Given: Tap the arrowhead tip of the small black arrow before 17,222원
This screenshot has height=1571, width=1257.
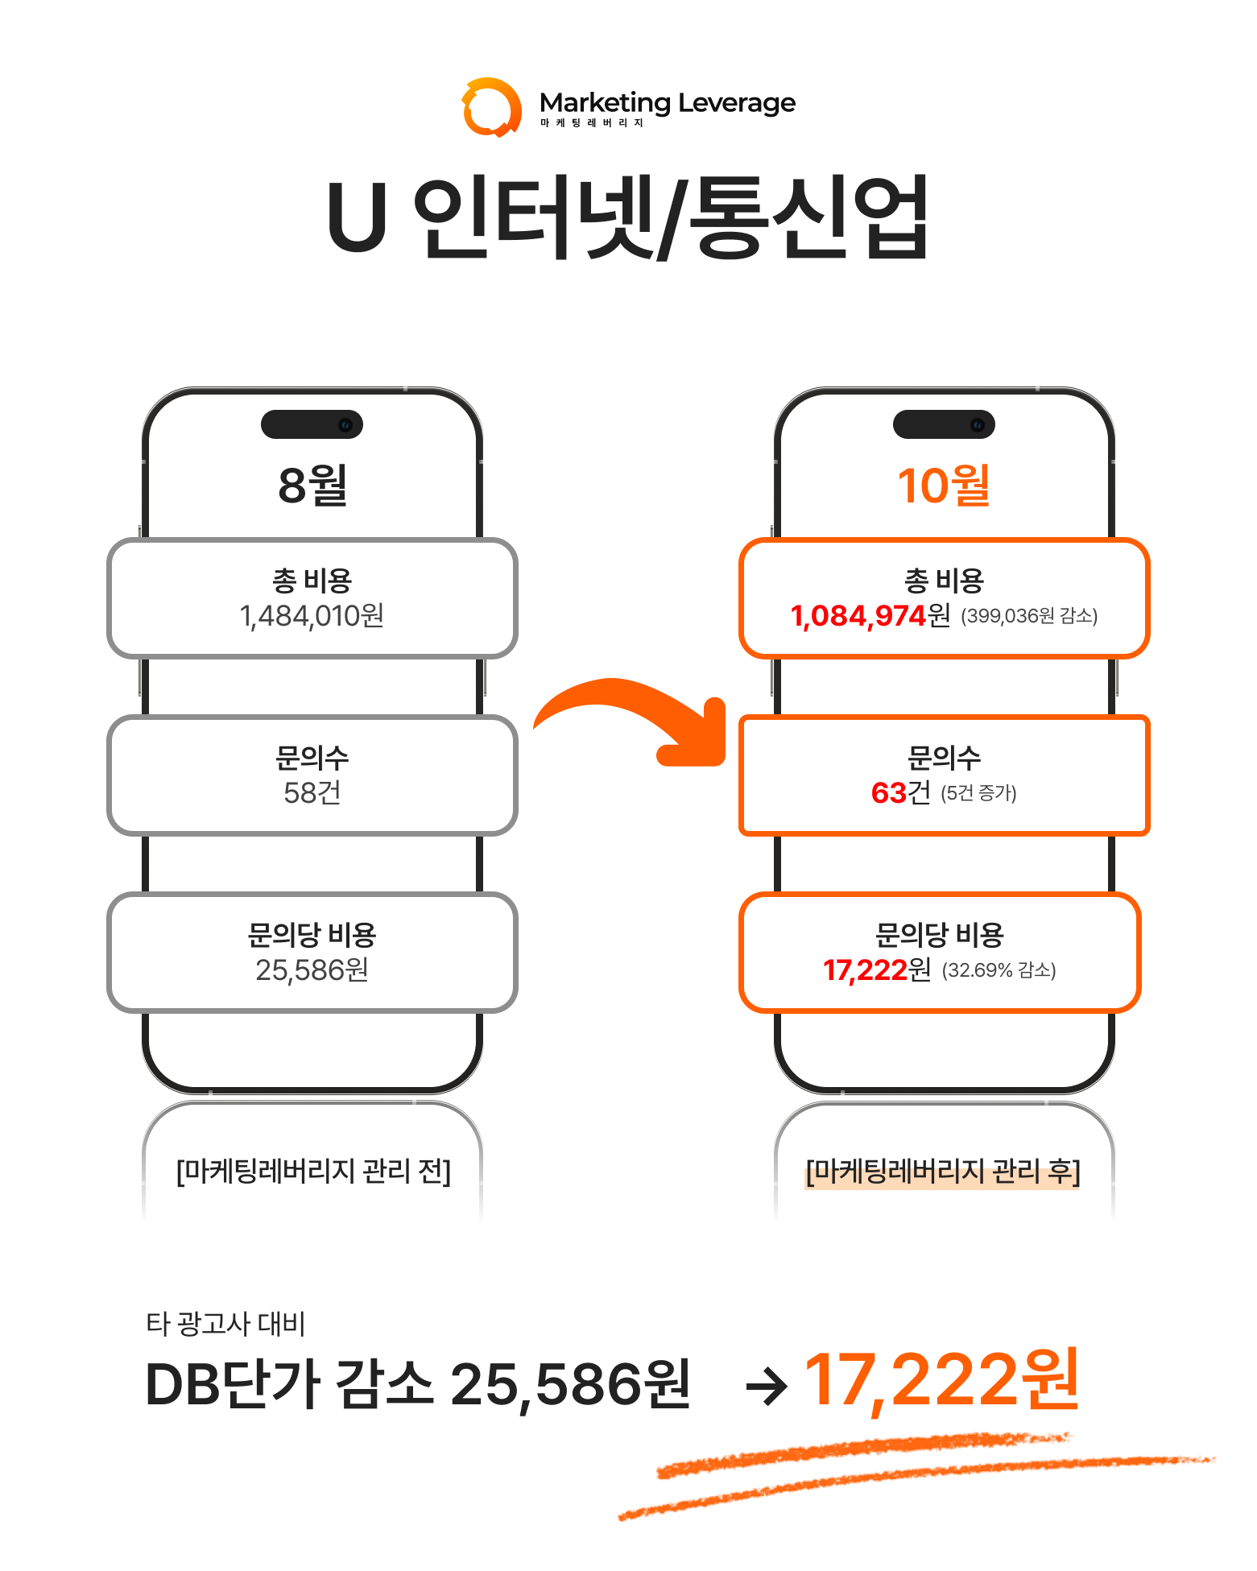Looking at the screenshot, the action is tap(787, 1387).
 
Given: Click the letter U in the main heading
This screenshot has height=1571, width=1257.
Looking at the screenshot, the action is tap(357, 217).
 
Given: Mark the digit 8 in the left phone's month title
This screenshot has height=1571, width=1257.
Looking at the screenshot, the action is tap(292, 486).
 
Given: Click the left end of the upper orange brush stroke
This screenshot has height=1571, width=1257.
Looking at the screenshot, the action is tap(659, 1472).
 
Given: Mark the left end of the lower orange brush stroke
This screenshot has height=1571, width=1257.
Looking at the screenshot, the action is tap(620, 1518).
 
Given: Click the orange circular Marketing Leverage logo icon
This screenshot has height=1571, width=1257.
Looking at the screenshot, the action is tap(491, 107).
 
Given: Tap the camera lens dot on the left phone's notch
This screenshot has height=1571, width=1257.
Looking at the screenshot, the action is tap(345, 424).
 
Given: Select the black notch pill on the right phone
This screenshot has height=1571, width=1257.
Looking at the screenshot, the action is tap(944, 424).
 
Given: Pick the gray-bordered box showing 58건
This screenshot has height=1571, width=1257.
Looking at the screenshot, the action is tap(312, 775).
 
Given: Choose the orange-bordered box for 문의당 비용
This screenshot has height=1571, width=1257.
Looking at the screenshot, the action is tap(940, 953).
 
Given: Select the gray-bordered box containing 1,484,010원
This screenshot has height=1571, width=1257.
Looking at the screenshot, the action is tap(312, 598).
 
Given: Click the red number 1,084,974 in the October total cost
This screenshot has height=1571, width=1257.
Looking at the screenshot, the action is tap(858, 616).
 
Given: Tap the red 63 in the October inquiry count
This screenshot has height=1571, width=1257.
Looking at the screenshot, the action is tap(889, 793).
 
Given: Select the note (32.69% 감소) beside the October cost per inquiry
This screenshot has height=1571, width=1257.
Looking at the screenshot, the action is tap(999, 970).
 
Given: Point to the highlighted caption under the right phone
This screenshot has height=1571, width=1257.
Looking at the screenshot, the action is tap(943, 1171).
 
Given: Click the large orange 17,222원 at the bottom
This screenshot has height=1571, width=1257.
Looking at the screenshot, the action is tap(941, 1380).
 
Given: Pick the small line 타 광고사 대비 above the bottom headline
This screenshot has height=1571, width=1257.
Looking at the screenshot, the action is tap(225, 1324).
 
